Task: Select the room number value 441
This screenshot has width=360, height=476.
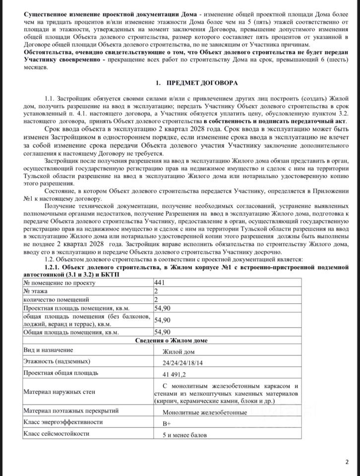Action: click(x=162, y=282)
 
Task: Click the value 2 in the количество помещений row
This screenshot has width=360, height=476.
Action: click(x=158, y=299)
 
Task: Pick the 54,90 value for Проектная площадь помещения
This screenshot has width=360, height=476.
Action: click(x=163, y=308)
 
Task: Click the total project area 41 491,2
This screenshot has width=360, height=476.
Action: click(x=179, y=373)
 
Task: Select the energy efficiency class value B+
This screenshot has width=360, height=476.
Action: click(x=167, y=423)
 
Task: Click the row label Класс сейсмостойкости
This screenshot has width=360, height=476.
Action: click(x=57, y=434)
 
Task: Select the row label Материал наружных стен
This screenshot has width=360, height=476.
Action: click(x=60, y=392)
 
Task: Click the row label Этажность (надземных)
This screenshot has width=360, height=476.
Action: click(x=57, y=361)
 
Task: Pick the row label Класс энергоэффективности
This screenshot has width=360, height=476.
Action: click(x=63, y=422)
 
